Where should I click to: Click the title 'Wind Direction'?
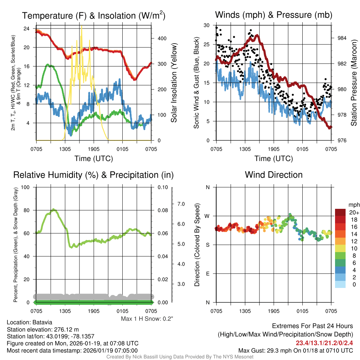[274, 175]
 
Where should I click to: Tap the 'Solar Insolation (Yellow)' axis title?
[174, 83]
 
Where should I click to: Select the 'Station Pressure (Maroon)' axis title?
[354, 83]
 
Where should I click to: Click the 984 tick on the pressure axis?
[341, 38]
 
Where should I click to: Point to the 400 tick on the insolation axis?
[159, 38]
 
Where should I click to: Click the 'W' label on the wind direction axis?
[207, 216]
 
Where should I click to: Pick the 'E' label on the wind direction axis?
[207, 274]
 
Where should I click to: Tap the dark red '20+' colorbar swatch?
[340, 212]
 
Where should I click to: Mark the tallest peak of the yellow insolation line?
[82, 26]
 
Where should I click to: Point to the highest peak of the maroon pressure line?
[257, 35]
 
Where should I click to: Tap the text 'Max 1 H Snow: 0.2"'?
[147, 319]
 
